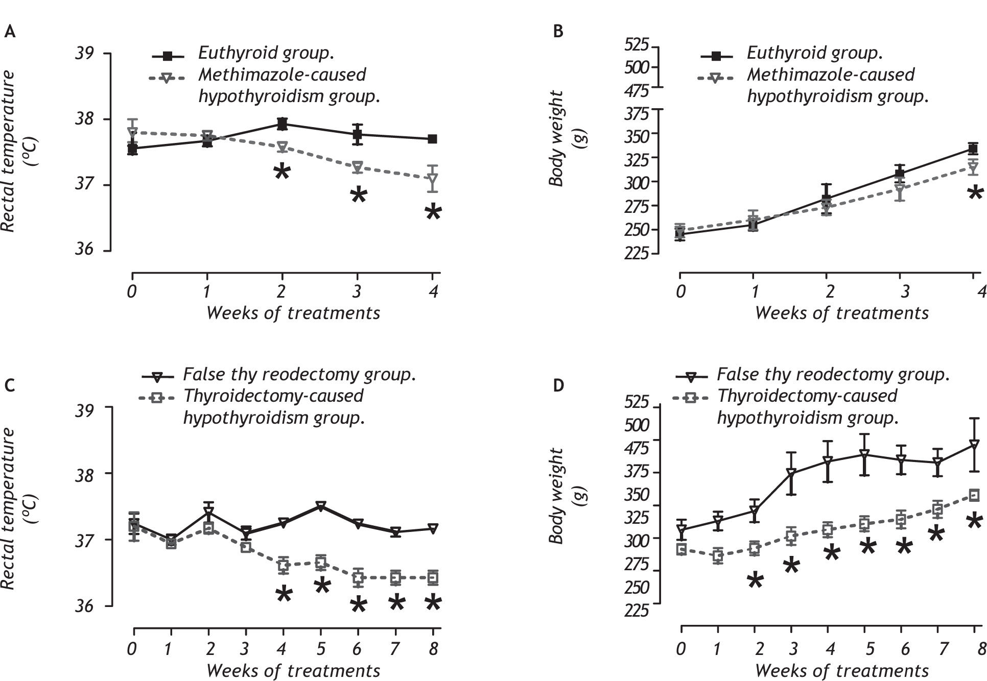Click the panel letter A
10,32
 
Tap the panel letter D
558,385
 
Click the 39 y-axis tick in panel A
85,54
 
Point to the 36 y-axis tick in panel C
85,606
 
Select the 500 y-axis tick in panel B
636,67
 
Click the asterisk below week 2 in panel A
281,172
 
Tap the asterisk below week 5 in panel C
322,586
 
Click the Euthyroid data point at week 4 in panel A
432,139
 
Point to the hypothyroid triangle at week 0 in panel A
133,133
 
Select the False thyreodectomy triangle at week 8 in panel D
974,445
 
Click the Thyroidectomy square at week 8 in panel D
974,495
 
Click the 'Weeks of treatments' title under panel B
841,313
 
